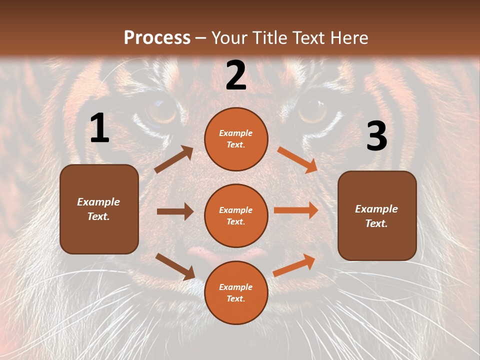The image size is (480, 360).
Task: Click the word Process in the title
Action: tap(157, 37)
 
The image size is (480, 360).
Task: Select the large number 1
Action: tap(99, 129)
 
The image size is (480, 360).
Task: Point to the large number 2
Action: tap(236, 75)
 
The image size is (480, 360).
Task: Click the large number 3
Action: tap(376, 136)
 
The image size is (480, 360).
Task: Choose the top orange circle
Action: tap(236, 139)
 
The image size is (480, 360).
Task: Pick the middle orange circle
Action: tap(236, 215)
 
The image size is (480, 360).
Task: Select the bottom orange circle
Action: tap(236, 292)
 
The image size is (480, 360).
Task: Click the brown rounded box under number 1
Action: tap(99, 209)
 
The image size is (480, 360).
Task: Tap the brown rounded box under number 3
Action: tap(377, 216)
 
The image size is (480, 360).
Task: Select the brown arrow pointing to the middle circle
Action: tap(175, 211)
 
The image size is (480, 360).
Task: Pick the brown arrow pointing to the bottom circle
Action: tap(175, 266)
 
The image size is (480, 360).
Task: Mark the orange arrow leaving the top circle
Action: tap(297, 160)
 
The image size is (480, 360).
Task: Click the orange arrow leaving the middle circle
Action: tap(296, 210)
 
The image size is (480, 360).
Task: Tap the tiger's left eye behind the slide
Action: tap(161, 111)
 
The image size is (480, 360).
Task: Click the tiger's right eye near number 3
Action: tap(313, 110)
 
